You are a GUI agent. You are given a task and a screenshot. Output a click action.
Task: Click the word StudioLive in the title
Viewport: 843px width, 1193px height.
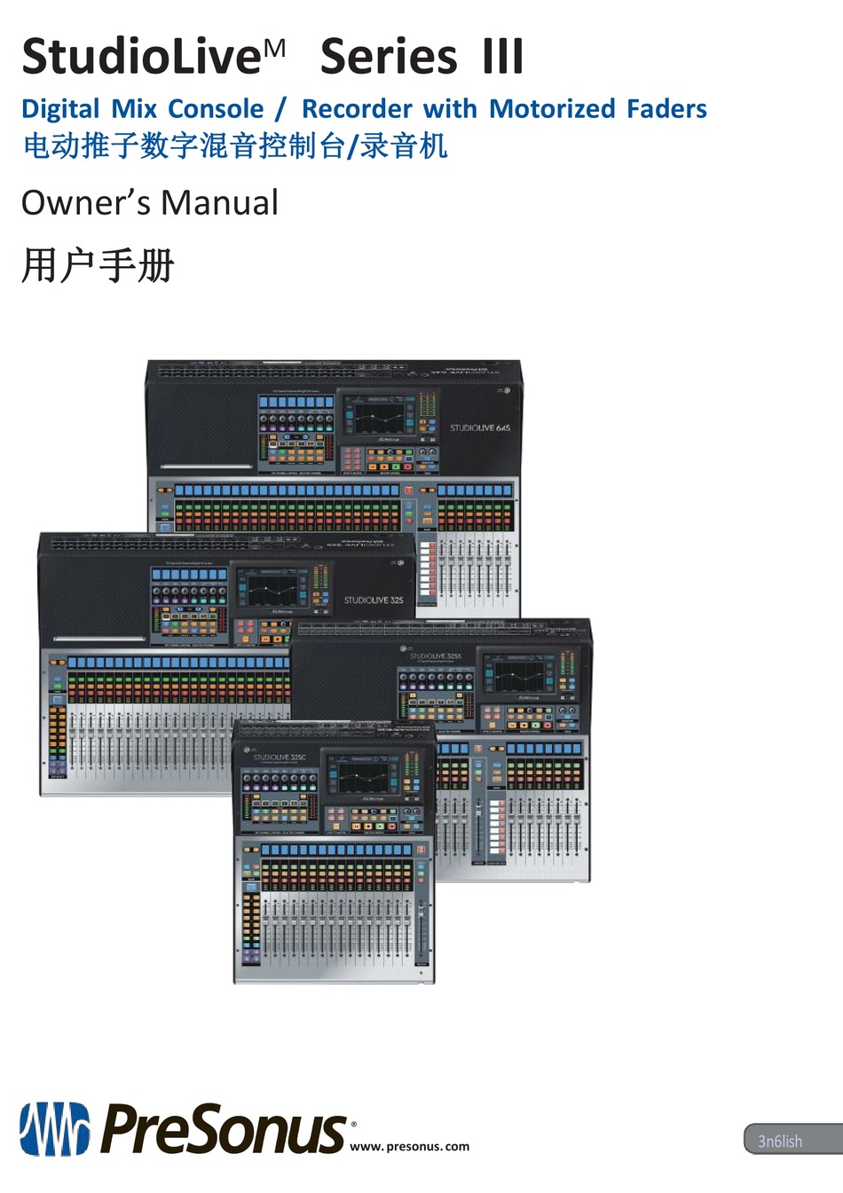click(x=141, y=57)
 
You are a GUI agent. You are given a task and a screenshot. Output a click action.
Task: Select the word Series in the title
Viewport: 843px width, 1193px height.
click(x=389, y=57)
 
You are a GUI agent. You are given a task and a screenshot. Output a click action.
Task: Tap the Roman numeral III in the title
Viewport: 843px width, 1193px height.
click(x=503, y=57)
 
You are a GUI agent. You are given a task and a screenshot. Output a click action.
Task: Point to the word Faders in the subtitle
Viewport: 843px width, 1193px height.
click(x=666, y=109)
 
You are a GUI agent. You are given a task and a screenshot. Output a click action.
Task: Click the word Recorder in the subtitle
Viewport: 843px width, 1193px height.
click(x=357, y=109)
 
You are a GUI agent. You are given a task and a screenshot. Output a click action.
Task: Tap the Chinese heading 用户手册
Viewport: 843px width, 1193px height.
click(x=98, y=265)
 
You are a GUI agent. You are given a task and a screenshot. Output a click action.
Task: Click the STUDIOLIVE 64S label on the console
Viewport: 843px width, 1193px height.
click(x=479, y=428)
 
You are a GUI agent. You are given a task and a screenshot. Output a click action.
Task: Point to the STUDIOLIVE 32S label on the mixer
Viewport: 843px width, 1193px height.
click(x=373, y=600)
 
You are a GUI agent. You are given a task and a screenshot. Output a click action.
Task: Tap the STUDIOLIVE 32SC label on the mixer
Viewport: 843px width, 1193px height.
click(x=280, y=757)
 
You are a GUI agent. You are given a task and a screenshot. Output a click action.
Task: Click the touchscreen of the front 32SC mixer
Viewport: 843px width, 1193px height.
click(x=363, y=777)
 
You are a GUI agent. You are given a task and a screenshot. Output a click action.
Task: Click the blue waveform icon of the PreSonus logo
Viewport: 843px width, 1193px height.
click(x=55, y=1129)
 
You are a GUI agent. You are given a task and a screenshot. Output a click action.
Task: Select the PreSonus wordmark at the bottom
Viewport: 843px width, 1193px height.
click(x=222, y=1129)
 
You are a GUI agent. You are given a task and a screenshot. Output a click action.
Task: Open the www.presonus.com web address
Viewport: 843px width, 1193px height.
click(x=409, y=1146)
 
